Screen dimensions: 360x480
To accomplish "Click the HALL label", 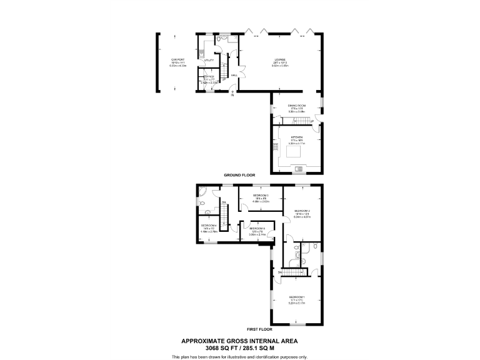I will [x=233, y=76].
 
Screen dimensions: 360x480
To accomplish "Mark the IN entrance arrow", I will [x=232, y=94].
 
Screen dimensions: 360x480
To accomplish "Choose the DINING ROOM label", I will [x=296, y=106].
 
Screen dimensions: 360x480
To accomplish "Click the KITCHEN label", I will [x=296, y=137].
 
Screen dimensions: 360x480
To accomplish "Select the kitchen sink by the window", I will [x=297, y=167].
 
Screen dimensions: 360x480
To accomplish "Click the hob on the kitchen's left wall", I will [x=275, y=148].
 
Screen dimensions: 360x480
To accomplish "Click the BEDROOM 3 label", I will [x=261, y=196].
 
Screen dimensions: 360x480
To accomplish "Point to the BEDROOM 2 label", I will [x=302, y=211].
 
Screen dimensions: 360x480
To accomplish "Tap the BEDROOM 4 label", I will [x=208, y=225].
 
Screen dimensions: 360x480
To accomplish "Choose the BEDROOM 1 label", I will [x=296, y=297].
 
